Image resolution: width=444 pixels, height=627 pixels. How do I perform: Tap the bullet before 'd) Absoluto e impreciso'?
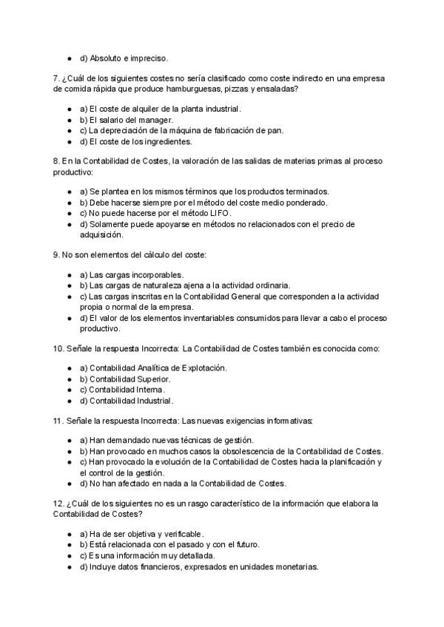69,58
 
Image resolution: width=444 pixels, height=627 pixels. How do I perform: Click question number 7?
57,78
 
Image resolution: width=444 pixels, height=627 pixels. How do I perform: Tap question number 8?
57,161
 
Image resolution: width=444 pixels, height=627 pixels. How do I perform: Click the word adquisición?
103,234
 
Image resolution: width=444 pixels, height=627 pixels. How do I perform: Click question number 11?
59,421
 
